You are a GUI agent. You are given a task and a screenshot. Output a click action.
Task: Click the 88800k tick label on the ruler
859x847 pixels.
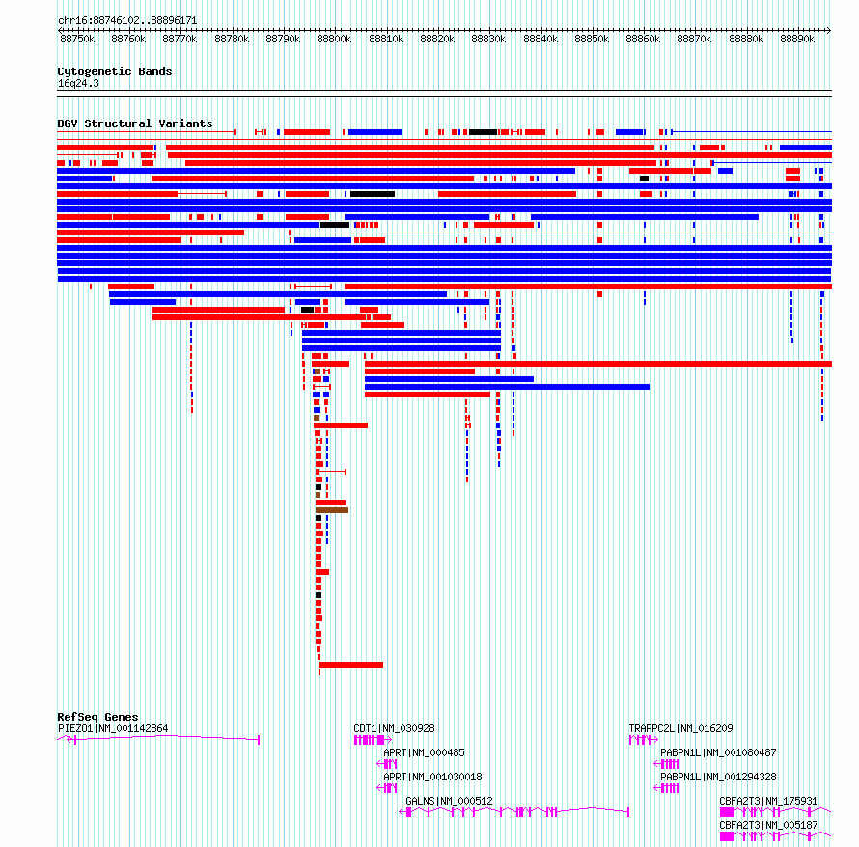[334, 40]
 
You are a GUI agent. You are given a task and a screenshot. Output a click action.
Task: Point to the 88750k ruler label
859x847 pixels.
[77, 40]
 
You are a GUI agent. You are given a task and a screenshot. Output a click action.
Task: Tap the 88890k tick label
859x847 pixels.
[797, 40]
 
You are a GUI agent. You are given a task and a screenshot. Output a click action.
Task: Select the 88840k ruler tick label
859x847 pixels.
[540, 40]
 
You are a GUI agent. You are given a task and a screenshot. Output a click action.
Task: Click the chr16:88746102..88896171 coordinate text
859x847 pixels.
[127, 21]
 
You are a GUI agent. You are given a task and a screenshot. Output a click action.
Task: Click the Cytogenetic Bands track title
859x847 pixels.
[115, 71]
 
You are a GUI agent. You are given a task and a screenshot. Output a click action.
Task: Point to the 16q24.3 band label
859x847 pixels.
[78, 84]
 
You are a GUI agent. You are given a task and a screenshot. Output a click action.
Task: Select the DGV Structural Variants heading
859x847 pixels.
[135, 123]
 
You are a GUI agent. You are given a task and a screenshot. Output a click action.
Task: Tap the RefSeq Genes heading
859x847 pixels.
[97, 717]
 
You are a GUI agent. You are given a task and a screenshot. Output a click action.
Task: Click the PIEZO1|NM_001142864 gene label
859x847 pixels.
[113, 729]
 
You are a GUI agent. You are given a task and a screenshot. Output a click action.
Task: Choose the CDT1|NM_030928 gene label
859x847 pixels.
[394, 729]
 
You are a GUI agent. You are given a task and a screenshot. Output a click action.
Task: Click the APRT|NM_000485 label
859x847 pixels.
[424, 753]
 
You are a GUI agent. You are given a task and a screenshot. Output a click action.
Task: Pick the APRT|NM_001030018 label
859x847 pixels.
[432, 778]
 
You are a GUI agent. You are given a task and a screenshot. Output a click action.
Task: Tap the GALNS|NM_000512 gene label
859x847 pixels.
[449, 802]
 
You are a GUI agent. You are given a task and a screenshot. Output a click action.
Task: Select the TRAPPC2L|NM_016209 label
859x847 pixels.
[680, 729]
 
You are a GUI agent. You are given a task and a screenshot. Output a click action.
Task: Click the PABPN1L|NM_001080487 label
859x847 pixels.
[718, 753]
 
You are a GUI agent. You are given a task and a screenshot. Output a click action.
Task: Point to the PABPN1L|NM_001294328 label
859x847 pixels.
[718, 778]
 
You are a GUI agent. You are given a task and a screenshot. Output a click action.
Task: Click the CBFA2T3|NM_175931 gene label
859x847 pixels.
[768, 802]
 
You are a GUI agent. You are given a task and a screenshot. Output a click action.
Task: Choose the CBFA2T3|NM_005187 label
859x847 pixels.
[768, 826]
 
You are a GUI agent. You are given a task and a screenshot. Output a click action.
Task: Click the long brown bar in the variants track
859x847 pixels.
[332, 511]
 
